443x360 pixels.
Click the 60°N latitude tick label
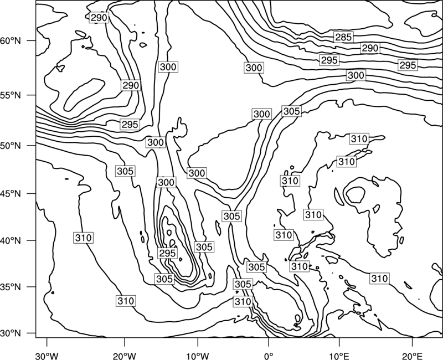point(11,41)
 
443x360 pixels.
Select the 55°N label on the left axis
point(11,95)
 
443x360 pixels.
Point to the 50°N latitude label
point(11,146)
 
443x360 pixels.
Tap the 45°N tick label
point(11,193)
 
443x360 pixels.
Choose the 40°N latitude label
point(11,241)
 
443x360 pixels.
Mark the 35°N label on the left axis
point(11,287)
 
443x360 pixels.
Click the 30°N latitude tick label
point(11,333)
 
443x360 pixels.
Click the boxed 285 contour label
point(343,37)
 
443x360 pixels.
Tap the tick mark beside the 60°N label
point(32,40)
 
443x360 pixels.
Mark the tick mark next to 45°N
point(32,193)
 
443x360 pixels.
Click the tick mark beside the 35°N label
point(32,287)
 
